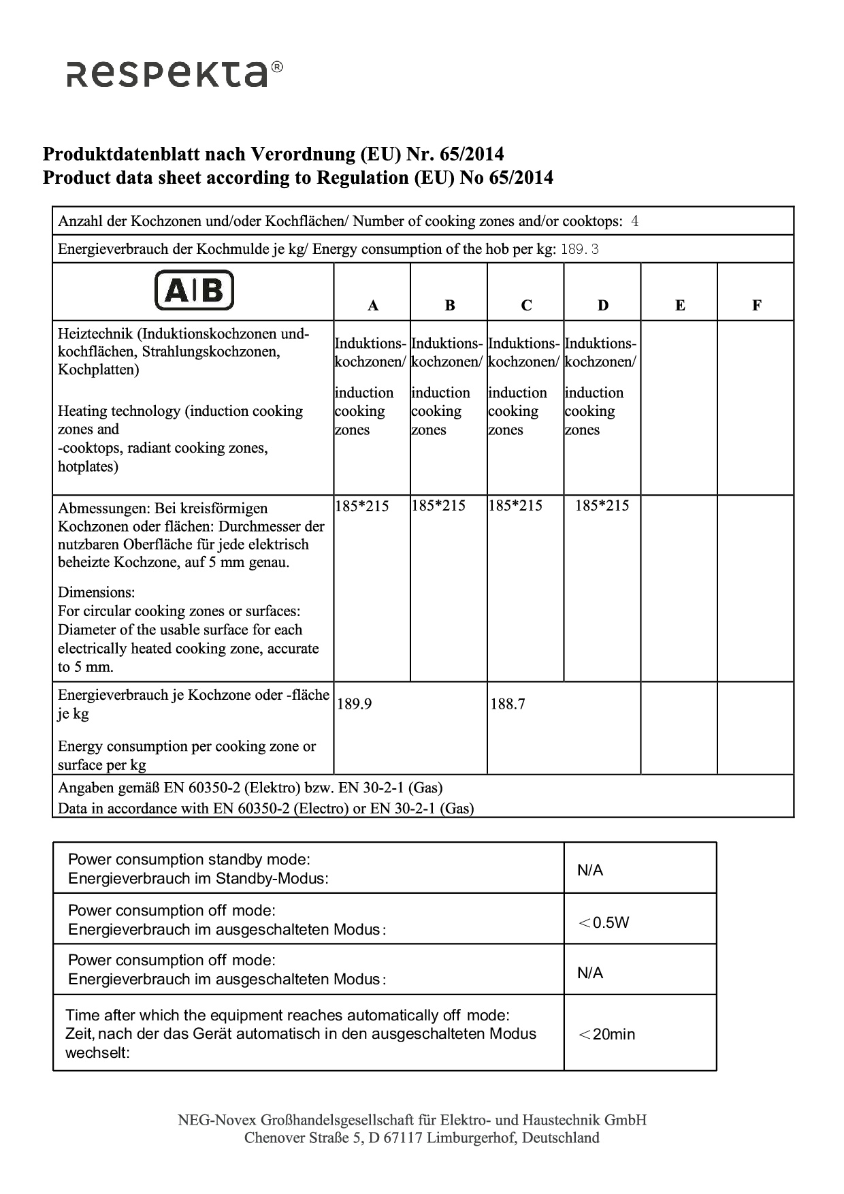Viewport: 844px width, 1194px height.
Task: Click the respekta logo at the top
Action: pyautogui.click(x=174, y=74)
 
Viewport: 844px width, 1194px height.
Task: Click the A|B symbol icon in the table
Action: pyautogui.click(x=194, y=291)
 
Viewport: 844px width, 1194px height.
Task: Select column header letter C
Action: pyautogui.click(x=526, y=306)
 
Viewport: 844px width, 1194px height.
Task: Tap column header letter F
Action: pyautogui.click(x=756, y=306)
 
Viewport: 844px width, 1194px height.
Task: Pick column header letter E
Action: pyautogui.click(x=679, y=306)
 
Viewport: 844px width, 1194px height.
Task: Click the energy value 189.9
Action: pyautogui.click(x=355, y=704)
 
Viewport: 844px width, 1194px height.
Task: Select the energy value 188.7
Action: pyautogui.click(x=508, y=704)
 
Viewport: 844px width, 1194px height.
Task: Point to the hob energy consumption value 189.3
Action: pyautogui.click(x=580, y=249)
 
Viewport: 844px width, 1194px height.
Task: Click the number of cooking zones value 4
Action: pyautogui.click(x=634, y=221)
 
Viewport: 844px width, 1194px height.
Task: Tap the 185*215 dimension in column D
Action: pyautogui.click(x=602, y=506)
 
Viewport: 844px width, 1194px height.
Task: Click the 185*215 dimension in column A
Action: pyautogui.click(x=362, y=506)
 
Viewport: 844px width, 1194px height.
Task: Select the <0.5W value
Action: pyautogui.click(x=604, y=922)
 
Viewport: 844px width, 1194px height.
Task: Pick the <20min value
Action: pyautogui.click(x=606, y=1034)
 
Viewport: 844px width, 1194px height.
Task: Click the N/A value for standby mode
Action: pyautogui.click(x=590, y=870)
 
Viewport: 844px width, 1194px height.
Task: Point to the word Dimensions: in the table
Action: pyautogui.click(x=97, y=592)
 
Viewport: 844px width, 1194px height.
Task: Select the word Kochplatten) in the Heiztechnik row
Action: pyautogui.click(x=99, y=370)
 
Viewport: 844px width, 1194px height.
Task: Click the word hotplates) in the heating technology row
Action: pyautogui.click(x=88, y=466)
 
